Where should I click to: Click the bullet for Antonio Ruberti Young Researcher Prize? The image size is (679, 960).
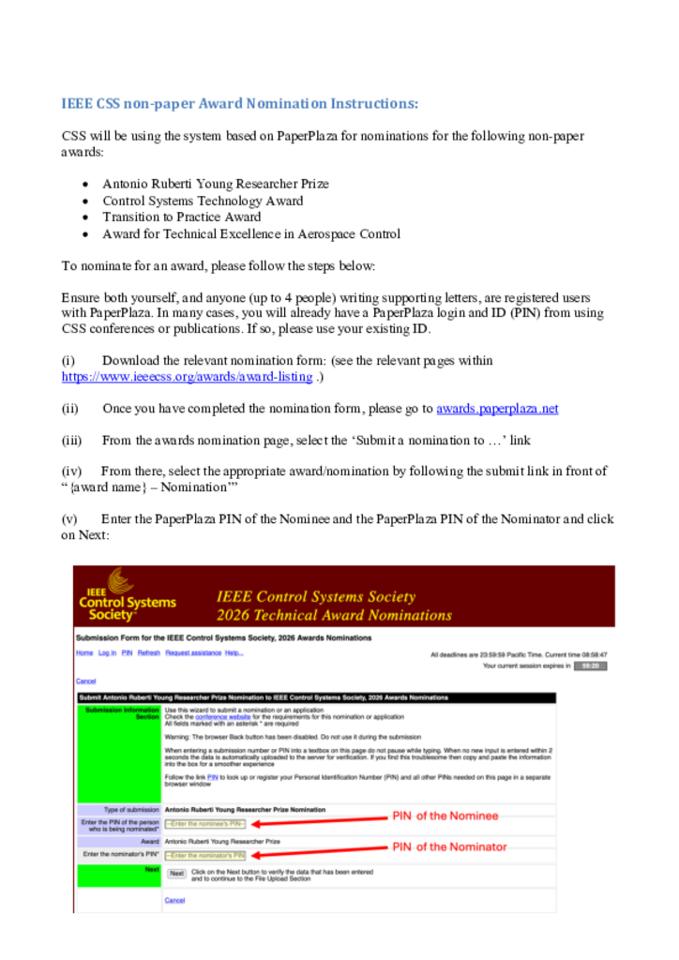(85, 185)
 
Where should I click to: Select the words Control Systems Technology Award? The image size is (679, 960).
(203, 201)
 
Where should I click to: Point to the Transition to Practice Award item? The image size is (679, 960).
(182, 217)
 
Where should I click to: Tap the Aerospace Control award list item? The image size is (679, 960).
(251, 234)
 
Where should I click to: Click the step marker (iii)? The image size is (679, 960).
(72, 440)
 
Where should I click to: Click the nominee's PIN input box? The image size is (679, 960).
(205, 824)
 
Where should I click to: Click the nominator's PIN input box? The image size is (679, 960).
(205, 855)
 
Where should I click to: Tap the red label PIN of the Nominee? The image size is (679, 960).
(445, 816)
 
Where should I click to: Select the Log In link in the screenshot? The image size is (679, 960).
(107, 652)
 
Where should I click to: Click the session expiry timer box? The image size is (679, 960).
(590, 666)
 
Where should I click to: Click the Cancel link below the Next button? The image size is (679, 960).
(174, 900)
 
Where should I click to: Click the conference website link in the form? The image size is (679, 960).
(216, 717)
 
